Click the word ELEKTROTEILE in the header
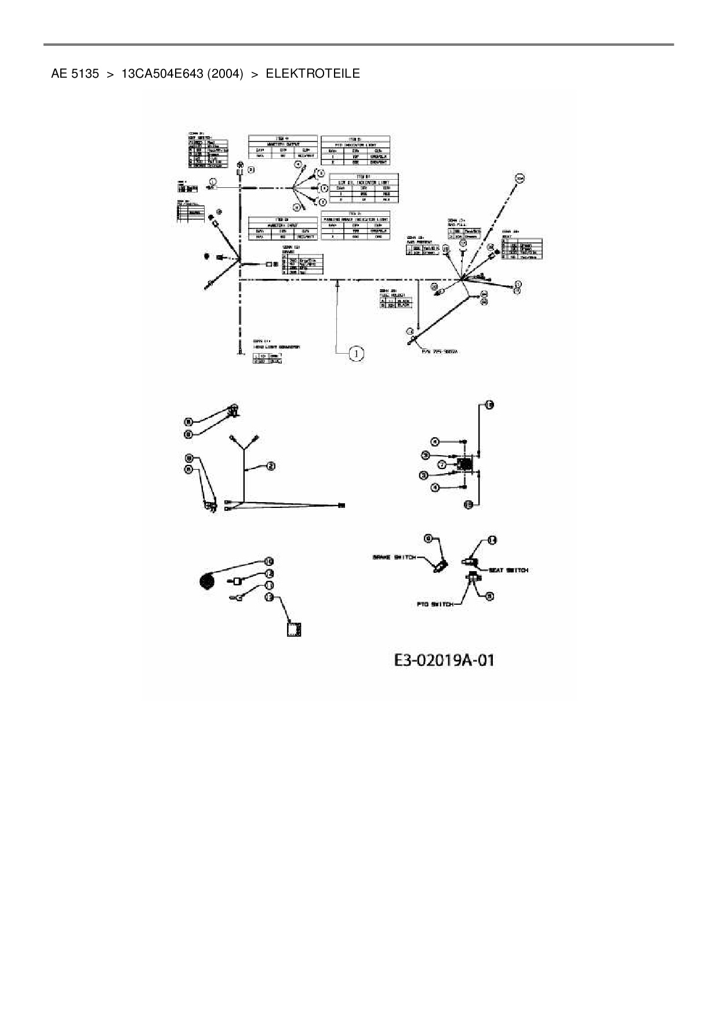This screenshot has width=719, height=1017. click(x=313, y=74)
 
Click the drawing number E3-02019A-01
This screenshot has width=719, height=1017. click(x=444, y=660)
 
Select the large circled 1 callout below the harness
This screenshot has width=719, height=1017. click(x=356, y=353)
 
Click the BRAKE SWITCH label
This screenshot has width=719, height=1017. click(x=394, y=557)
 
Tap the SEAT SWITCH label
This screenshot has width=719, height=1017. click(x=508, y=571)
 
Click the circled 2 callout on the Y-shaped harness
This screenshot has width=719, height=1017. click(x=270, y=466)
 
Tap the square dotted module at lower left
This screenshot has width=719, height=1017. click(x=296, y=629)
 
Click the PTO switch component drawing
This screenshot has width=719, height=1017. click(x=473, y=577)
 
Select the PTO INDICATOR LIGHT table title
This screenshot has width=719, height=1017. click(x=355, y=144)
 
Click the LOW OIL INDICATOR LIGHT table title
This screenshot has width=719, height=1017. click(x=364, y=183)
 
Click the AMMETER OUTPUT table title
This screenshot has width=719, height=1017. click(x=282, y=144)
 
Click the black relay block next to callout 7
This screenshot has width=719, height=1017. click(x=464, y=464)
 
